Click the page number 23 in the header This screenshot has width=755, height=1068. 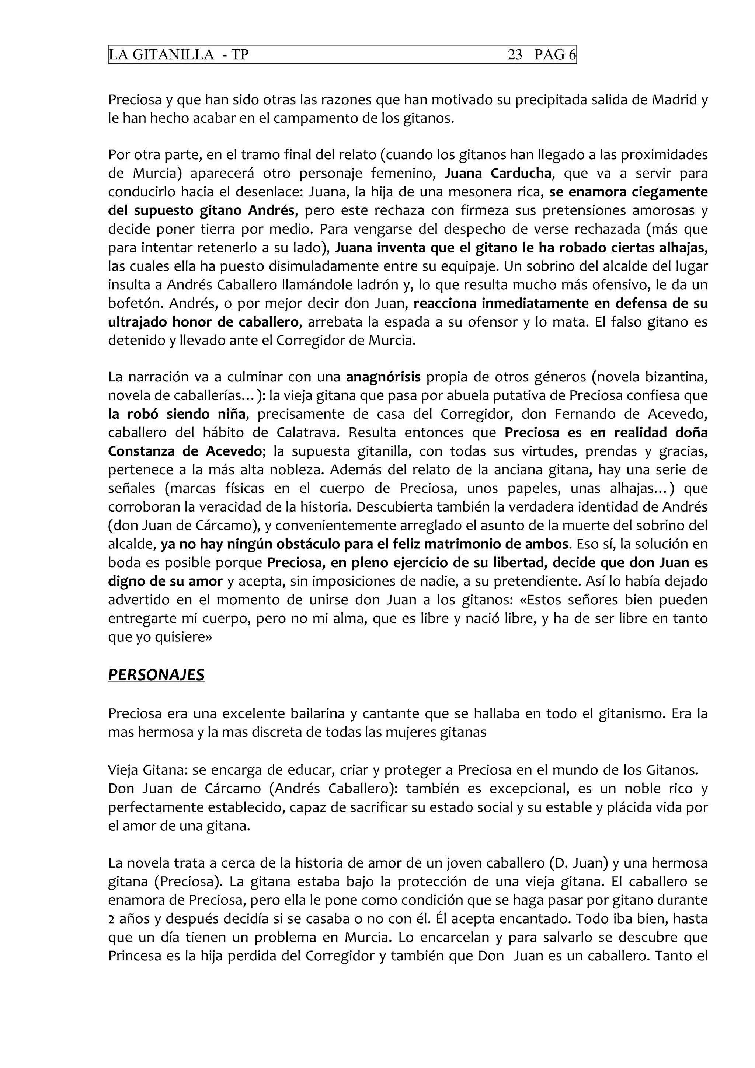click(x=515, y=55)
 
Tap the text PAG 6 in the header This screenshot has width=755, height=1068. click(x=554, y=55)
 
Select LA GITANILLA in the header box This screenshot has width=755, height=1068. click(x=161, y=55)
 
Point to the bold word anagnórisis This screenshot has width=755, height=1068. click(x=384, y=377)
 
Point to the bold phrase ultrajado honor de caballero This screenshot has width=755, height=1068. click(x=203, y=322)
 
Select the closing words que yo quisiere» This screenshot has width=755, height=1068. click(x=160, y=637)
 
